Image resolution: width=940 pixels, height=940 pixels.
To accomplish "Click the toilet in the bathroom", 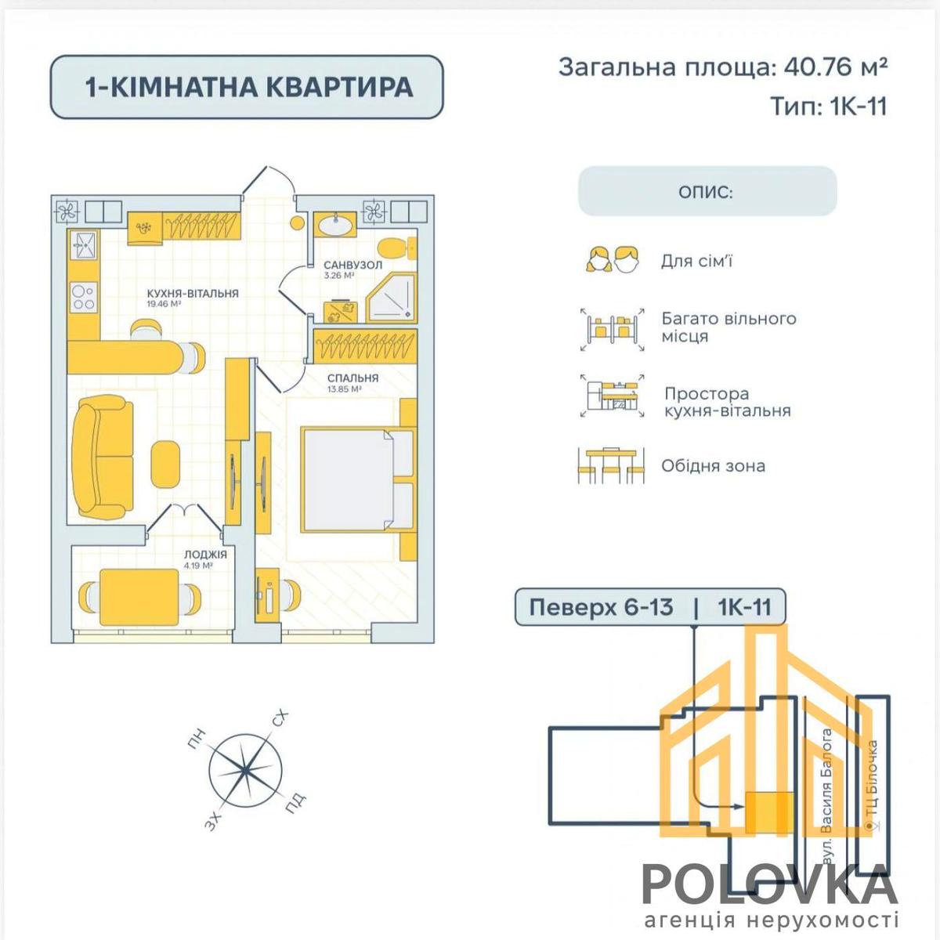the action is (x=398, y=249).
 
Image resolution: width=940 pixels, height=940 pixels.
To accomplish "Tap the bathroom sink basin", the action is (x=334, y=226).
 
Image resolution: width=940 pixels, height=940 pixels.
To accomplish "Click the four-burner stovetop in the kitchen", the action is (x=83, y=298).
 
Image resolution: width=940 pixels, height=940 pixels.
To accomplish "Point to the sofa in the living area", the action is (x=102, y=457).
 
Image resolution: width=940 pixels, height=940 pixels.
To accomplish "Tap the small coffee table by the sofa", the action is (x=165, y=463).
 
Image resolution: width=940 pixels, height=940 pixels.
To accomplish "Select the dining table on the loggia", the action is (x=139, y=597).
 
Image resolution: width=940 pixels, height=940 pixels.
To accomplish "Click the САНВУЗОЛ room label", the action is (x=352, y=265).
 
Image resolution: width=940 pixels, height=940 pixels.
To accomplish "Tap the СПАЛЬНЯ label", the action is (x=352, y=378).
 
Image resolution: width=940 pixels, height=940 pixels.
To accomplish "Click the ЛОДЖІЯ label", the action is (x=205, y=555).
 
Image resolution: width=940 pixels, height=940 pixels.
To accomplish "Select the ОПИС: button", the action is (x=707, y=191).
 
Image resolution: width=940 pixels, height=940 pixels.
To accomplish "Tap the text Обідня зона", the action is (x=713, y=466).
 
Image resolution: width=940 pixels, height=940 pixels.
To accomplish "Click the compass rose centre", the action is (x=245, y=770).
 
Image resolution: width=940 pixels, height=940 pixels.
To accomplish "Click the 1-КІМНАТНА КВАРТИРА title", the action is (x=249, y=87).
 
